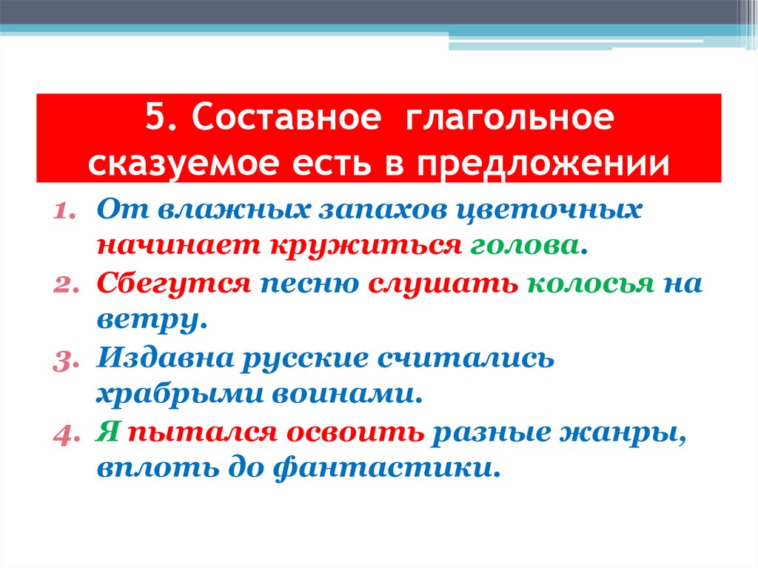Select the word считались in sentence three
coord(466,358)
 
